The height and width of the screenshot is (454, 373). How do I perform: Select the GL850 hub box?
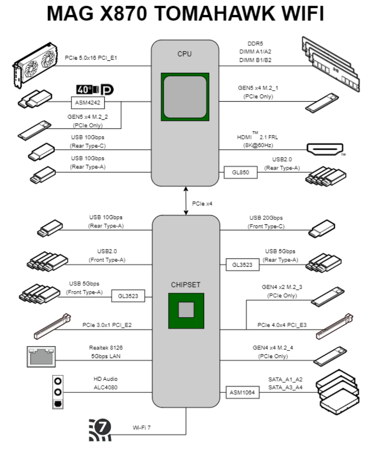coord(240,173)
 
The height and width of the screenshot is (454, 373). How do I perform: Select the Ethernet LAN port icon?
coord(41,356)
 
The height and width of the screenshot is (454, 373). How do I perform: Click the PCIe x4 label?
coord(202,204)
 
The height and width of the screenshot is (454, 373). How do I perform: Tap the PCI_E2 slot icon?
coord(53,325)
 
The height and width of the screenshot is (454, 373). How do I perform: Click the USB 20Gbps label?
coord(266,218)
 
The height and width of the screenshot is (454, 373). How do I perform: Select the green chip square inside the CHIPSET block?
coord(186,310)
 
